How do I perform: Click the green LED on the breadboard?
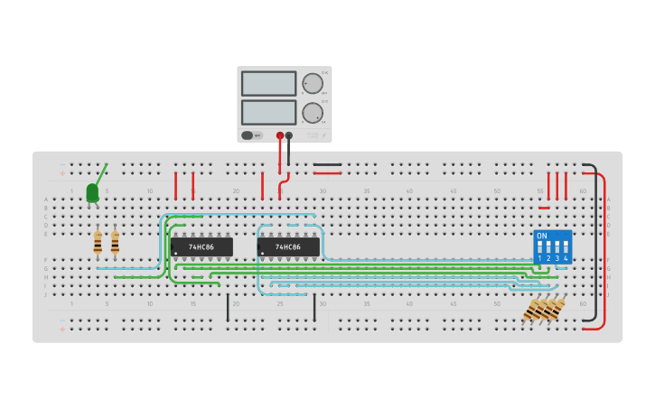[x=92, y=192]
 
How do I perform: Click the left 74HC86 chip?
[x=201, y=246]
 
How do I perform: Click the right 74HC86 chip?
[x=288, y=246]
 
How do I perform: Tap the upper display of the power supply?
[x=268, y=83]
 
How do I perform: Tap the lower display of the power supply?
[x=268, y=112]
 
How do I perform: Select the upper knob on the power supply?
[x=313, y=84]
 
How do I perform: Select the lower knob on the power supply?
[x=313, y=113]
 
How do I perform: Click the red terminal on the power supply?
[x=280, y=135]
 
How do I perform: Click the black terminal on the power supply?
[x=289, y=135]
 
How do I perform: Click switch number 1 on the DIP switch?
[x=539, y=248]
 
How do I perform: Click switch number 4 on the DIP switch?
[x=566, y=248]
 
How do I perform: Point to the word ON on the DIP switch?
[x=542, y=236]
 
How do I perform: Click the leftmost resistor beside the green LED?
[x=98, y=243]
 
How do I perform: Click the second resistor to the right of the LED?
[x=115, y=243]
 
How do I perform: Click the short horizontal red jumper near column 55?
[x=544, y=208]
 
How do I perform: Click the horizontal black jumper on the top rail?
[x=327, y=164]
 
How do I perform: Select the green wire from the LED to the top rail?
[x=101, y=173]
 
